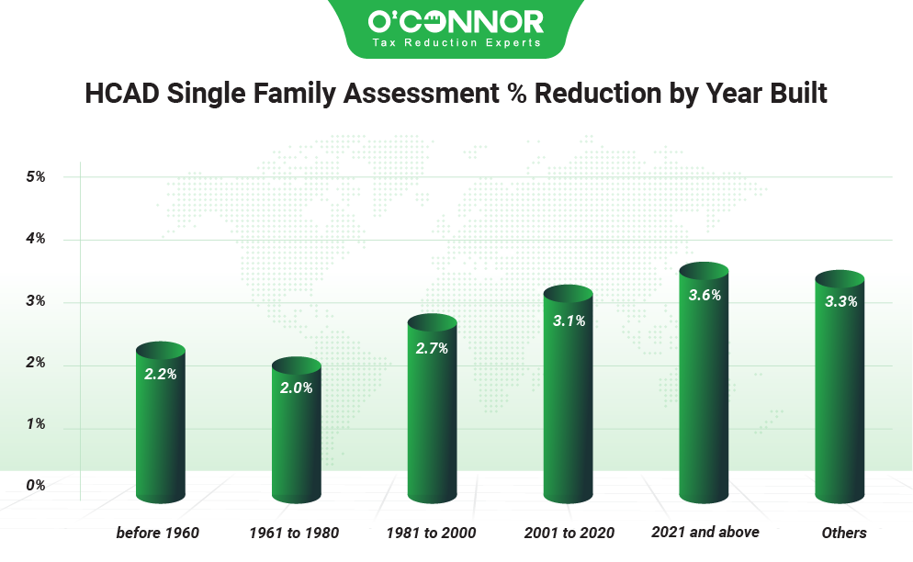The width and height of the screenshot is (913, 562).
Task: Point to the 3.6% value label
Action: coord(704,296)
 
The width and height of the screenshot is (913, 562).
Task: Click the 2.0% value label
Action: coord(296,388)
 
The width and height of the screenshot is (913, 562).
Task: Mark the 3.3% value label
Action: coord(840,301)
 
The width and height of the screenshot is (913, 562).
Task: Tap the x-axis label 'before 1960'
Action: coord(157,533)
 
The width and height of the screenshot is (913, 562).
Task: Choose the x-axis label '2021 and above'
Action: coord(704,532)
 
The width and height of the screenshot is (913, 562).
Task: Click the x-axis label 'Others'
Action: coord(844,533)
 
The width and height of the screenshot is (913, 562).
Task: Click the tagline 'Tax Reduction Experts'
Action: coord(456,42)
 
